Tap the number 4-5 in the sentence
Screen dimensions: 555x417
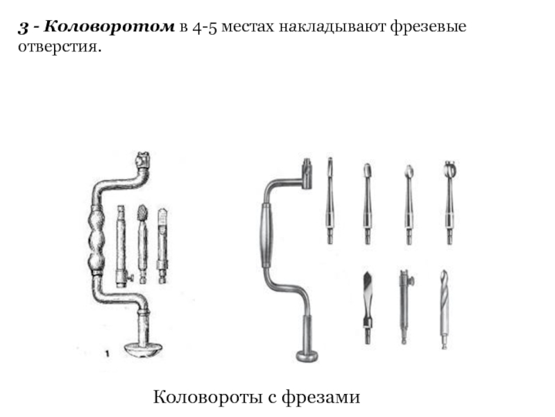(x=207, y=28)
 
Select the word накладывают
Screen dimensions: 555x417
(x=328, y=28)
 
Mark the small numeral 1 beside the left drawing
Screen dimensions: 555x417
(x=107, y=355)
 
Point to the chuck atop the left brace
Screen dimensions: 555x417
(x=143, y=161)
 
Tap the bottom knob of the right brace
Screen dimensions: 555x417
(x=307, y=356)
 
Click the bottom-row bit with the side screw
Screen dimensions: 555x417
(x=404, y=306)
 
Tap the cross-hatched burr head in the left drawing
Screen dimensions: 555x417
(x=143, y=212)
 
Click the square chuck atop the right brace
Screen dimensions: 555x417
(x=307, y=170)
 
